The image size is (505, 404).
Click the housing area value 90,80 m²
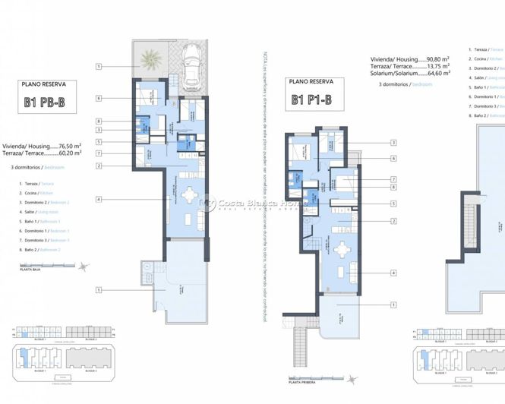pos(438,58)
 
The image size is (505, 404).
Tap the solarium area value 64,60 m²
pos(437,74)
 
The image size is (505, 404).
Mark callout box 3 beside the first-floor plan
pos(393,143)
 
